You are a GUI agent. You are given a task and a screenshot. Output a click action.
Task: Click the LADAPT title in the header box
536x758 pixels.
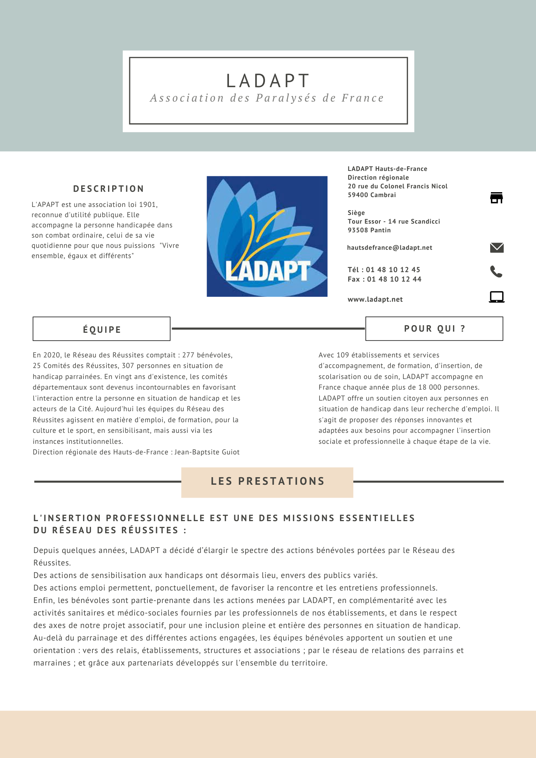(x=268, y=81)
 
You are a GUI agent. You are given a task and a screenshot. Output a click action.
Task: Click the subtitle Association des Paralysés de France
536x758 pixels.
(x=267, y=98)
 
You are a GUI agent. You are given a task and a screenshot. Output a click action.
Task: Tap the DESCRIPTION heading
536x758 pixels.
(x=108, y=189)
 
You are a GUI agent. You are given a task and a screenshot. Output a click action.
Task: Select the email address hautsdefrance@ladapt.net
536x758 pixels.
(x=390, y=248)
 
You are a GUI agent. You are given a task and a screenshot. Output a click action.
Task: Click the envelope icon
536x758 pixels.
(x=497, y=248)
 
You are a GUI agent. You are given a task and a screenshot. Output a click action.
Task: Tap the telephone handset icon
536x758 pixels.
(x=496, y=271)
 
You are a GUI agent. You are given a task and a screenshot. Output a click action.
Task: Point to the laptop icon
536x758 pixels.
(x=497, y=297)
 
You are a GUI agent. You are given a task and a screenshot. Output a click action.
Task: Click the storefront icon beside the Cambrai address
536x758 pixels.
(x=497, y=198)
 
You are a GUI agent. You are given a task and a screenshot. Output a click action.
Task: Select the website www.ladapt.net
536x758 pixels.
(x=375, y=299)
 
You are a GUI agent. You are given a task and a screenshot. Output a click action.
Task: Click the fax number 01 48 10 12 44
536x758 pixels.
(x=394, y=279)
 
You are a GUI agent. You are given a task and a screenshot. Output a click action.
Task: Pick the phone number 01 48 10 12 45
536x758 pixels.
(x=393, y=270)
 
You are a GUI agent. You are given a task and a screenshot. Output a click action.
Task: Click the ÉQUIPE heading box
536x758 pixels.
(x=102, y=329)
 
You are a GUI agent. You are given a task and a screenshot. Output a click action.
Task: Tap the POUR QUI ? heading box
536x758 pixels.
(x=434, y=329)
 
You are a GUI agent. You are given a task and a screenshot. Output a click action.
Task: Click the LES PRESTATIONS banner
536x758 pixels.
(x=267, y=482)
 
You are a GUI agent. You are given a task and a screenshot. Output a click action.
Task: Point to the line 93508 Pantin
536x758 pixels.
(x=369, y=230)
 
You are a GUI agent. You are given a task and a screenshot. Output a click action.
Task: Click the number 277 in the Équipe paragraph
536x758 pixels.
(x=188, y=355)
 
